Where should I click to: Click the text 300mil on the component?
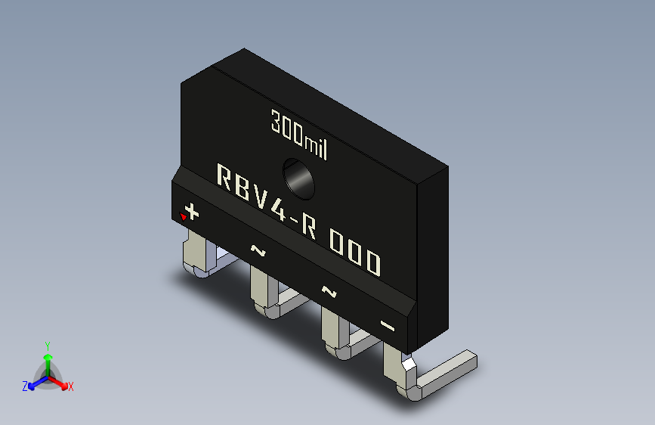tap(299, 133)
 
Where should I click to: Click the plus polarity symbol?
tap(192, 212)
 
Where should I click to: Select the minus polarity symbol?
tap(388, 326)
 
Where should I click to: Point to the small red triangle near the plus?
tap(183, 218)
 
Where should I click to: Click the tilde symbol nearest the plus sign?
tap(258, 250)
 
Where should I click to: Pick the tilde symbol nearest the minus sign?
tap(329, 290)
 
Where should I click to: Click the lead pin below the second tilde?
tap(332, 331)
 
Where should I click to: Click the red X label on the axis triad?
tap(70, 387)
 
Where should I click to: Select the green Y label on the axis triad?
tap(47, 344)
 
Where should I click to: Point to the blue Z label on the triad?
tap(25, 386)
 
